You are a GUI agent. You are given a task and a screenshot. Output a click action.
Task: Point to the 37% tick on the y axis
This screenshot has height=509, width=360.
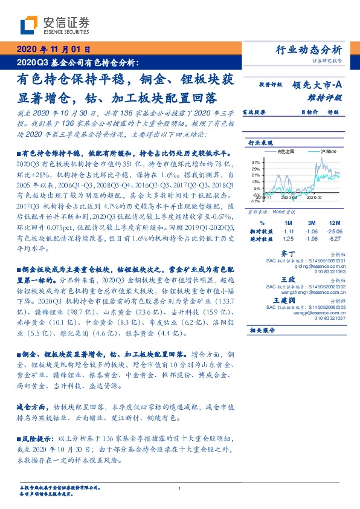coord(256,163)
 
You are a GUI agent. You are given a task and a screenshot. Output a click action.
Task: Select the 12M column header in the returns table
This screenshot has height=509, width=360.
coord(332,222)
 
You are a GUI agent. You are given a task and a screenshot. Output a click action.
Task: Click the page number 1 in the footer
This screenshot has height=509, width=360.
coord(180,488)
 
